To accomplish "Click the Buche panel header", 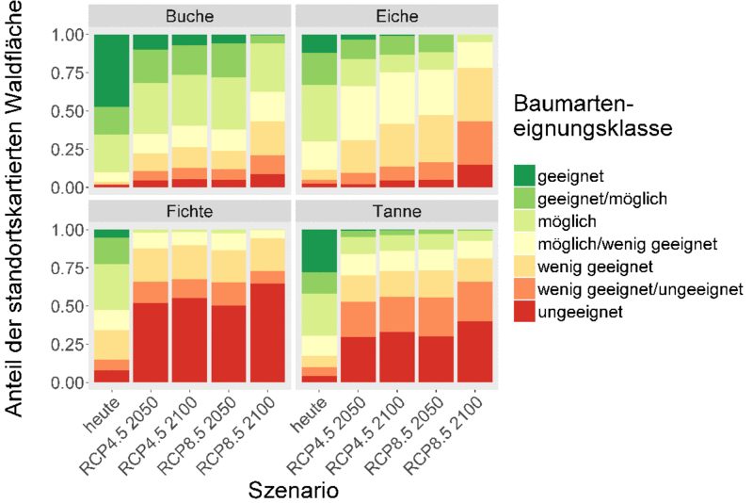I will (x=189, y=17).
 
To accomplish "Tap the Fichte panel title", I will (x=189, y=212).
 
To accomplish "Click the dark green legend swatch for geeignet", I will (x=524, y=174).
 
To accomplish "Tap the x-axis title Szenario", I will (x=294, y=490).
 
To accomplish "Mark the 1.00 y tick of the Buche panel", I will (x=66, y=35).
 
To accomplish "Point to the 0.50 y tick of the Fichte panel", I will (x=66, y=306).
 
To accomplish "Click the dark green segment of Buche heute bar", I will (x=111, y=70).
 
